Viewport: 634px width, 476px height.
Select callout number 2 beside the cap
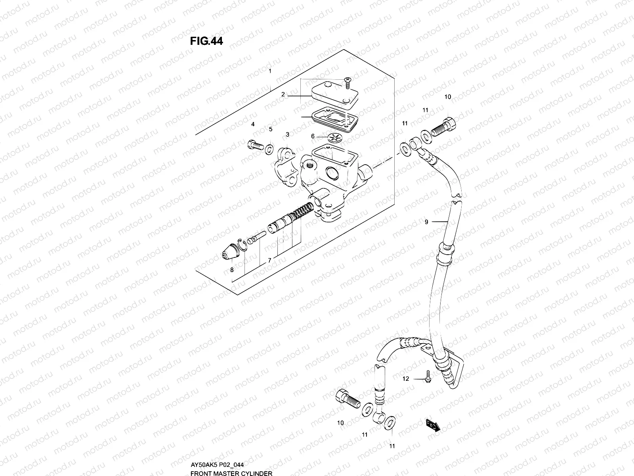pyautogui.click(x=283, y=94)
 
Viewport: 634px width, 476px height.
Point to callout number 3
pyautogui.click(x=287, y=134)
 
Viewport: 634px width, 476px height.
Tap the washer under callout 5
pyautogui.click(x=269, y=148)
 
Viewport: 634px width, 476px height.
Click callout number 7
pyautogui.click(x=269, y=261)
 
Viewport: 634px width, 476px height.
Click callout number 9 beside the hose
pyautogui.click(x=426, y=222)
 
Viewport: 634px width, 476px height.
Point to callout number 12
pyautogui.click(x=405, y=379)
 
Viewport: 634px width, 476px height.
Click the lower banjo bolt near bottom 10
pyautogui.click(x=348, y=397)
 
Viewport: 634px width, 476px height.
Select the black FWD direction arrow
pyautogui.click(x=433, y=426)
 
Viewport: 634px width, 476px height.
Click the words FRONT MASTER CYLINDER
pyautogui.click(x=231, y=473)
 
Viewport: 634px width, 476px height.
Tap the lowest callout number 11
pyautogui.click(x=392, y=446)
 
